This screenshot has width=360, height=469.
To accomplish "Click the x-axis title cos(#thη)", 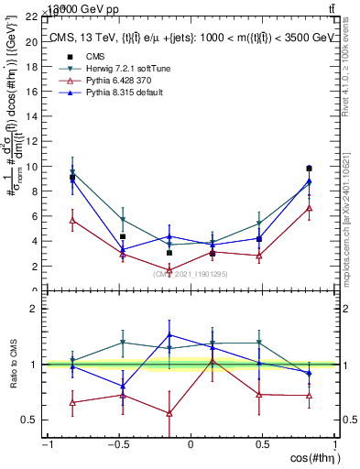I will pos(311,458).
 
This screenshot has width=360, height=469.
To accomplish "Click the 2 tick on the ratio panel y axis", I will pos(35,309).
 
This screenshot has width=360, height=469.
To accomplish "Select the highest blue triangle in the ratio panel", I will pos(169,334).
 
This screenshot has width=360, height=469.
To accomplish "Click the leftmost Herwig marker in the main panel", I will pos(72,172).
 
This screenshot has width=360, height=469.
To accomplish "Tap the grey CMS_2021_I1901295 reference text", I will pos(190,274).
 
